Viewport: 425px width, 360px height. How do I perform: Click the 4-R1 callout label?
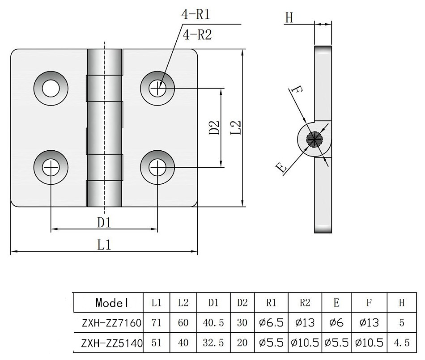[x=195, y=15]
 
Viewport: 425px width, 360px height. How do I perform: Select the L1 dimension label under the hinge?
[x=104, y=245]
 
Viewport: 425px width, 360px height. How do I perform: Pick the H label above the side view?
[x=289, y=18]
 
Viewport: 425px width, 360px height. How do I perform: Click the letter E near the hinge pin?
[x=281, y=168]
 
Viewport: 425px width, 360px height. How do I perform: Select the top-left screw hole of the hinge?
[x=51, y=88]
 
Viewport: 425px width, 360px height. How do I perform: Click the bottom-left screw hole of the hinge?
[x=51, y=167]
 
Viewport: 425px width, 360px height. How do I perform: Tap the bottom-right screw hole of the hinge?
[x=157, y=167]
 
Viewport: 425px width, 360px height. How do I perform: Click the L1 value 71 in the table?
[x=156, y=323]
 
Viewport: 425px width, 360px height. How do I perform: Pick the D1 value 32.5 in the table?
[x=213, y=343]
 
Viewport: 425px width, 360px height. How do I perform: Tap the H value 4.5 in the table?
[x=401, y=343]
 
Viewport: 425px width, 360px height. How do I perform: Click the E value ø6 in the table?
[x=336, y=323]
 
